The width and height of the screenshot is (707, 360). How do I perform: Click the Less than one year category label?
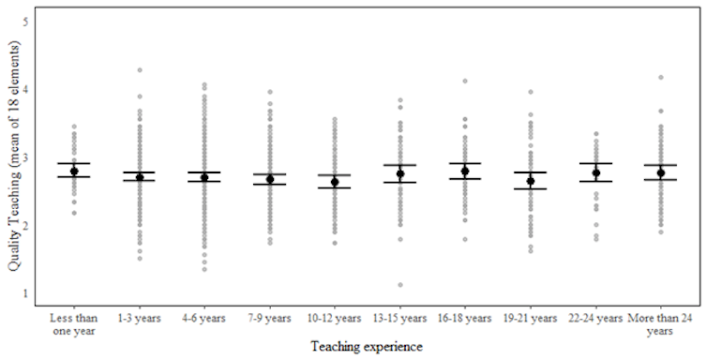(x=74, y=322)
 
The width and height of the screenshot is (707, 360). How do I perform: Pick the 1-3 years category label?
(x=140, y=317)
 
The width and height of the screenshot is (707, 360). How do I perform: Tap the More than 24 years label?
(x=660, y=322)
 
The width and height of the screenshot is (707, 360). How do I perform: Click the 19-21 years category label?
(x=531, y=317)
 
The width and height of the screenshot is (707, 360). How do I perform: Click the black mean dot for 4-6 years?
(x=204, y=177)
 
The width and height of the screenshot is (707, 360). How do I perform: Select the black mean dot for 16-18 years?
(x=465, y=171)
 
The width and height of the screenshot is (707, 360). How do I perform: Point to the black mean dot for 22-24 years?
(x=595, y=172)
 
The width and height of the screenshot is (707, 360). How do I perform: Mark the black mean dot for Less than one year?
(x=74, y=171)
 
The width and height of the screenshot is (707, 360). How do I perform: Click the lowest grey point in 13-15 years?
(x=400, y=285)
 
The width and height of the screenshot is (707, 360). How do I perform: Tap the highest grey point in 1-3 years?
(x=140, y=70)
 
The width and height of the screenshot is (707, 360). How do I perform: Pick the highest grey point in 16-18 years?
(x=465, y=82)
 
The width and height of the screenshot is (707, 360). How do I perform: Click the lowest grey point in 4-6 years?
(x=204, y=269)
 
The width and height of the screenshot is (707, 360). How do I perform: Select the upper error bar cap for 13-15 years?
(x=400, y=165)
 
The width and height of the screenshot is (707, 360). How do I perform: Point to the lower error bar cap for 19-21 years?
(x=531, y=189)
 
